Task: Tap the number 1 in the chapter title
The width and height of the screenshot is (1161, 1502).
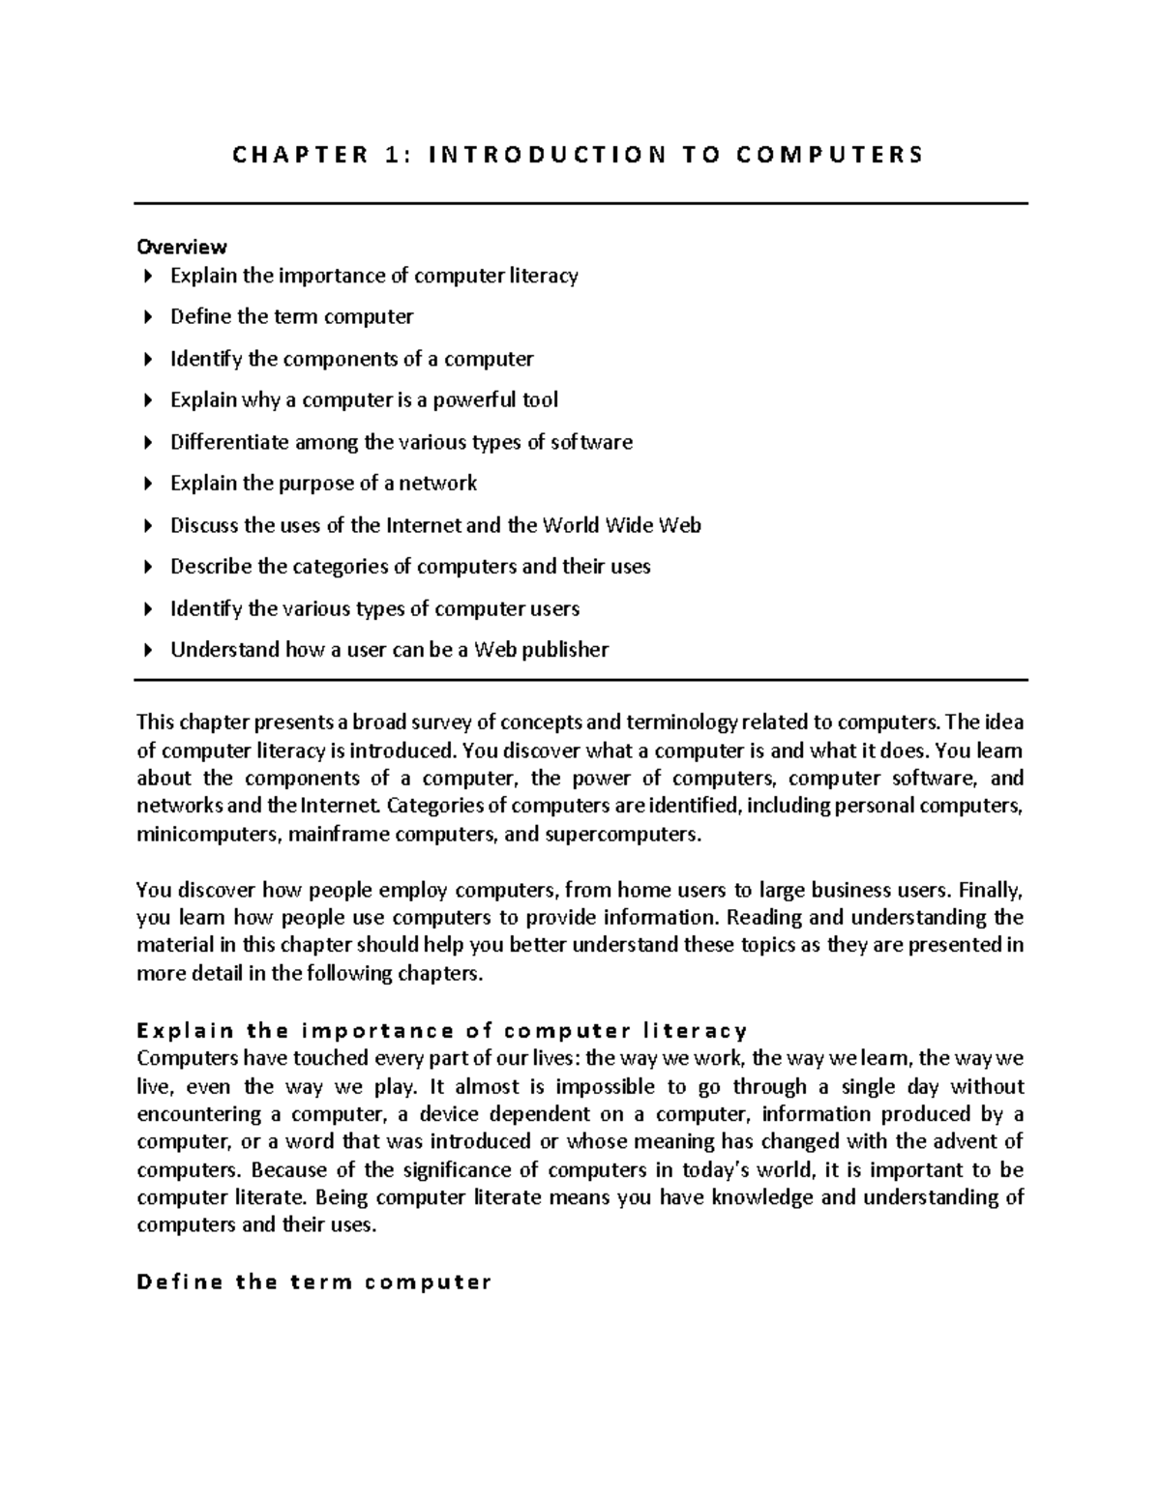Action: (x=391, y=155)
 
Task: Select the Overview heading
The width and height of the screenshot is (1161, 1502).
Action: (x=182, y=247)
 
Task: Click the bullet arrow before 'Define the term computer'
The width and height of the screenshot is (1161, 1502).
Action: (x=147, y=317)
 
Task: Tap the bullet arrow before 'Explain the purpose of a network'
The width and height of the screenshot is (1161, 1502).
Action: (x=147, y=484)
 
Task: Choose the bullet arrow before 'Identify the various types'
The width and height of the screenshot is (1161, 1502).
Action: (x=147, y=609)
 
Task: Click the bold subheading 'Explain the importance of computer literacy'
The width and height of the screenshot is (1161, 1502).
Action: (x=442, y=1030)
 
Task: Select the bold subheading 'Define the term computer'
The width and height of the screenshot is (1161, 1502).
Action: (x=314, y=1282)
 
